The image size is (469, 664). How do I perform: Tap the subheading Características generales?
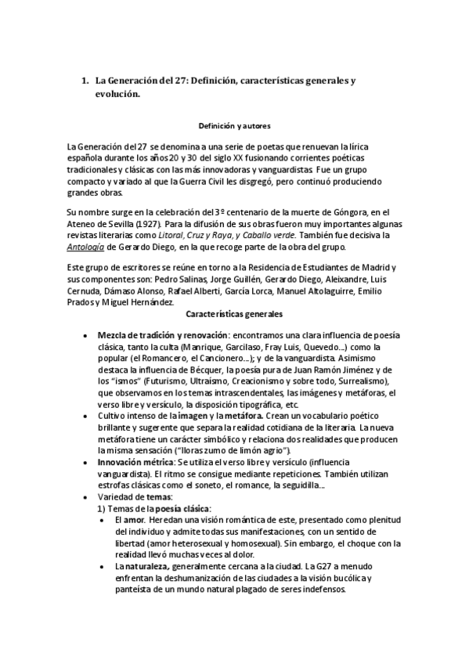click(234, 314)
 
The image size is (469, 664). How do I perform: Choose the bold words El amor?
click(128, 520)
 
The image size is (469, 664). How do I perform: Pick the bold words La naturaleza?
click(143, 567)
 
